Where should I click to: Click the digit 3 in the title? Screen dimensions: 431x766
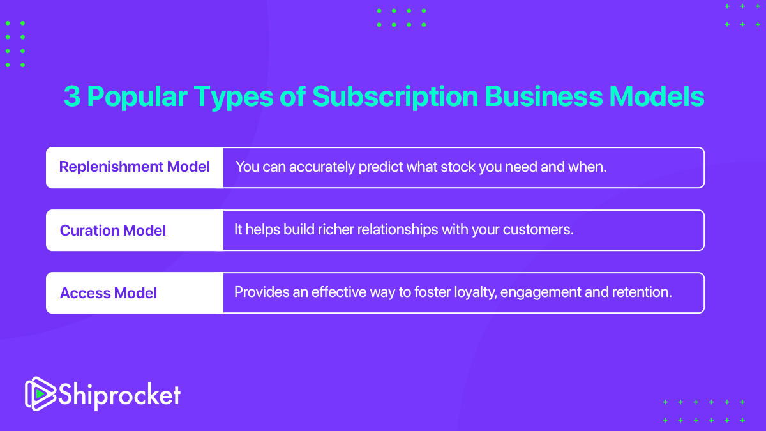pyautogui.click(x=71, y=96)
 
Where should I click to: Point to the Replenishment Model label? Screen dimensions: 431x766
pyautogui.click(x=135, y=167)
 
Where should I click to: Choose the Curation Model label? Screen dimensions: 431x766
pyautogui.click(x=113, y=230)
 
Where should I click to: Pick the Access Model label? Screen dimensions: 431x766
pyautogui.click(x=109, y=293)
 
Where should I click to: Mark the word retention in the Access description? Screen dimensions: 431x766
pyautogui.click(x=649, y=292)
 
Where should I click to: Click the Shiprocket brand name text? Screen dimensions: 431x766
pyautogui.click(x=119, y=394)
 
